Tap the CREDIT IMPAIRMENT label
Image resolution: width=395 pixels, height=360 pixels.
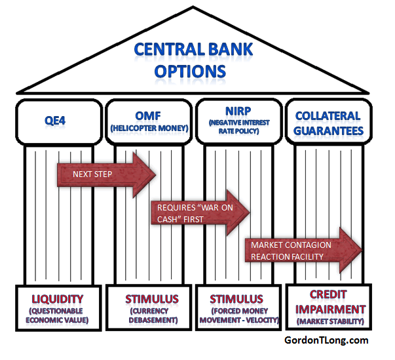tap(328, 302)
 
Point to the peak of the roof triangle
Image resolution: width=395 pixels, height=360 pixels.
tap(195, 8)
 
